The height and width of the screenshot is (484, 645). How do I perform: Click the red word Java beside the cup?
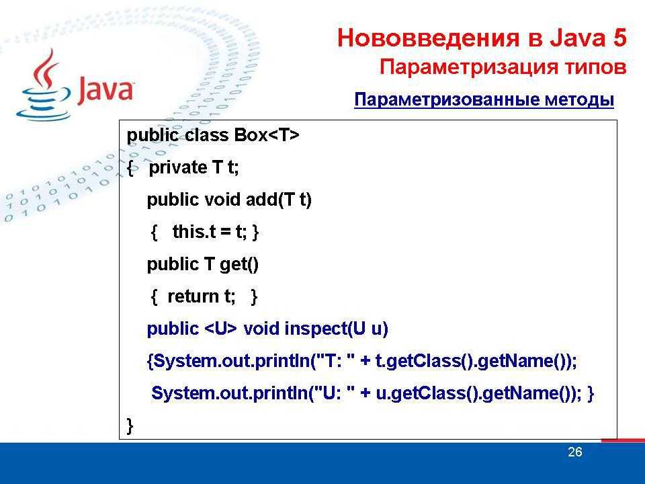[x=105, y=89]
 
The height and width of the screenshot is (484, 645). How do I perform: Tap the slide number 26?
[x=574, y=452]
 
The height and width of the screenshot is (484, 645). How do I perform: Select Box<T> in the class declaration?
[x=267, y=135]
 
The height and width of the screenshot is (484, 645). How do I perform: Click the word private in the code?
[x=177, y=168]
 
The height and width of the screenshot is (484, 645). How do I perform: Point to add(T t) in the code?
[x=278, y=200]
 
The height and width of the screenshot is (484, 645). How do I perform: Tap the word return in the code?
[x=193, y=296]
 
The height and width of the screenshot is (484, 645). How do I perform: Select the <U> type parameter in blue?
[x=220, y=329]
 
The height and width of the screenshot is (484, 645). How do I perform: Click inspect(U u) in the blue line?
[x=336, y=329]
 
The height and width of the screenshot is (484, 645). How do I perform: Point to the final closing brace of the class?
[x=130, y=426]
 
